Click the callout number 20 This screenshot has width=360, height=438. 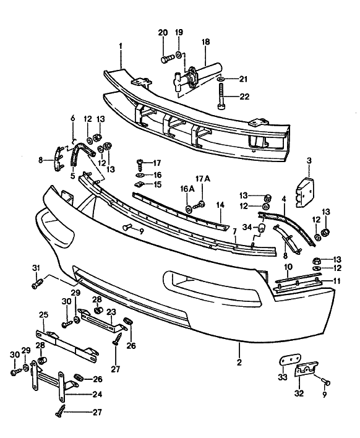(163, 32)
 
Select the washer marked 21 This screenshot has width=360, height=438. (221, 80)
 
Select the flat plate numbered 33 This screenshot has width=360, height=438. (287, 362)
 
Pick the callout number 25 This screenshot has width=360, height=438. (43, 316)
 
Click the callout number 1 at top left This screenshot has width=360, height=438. (121, 46)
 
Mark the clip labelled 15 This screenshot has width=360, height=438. (140, 184)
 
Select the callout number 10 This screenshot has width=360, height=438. (288, 267)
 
